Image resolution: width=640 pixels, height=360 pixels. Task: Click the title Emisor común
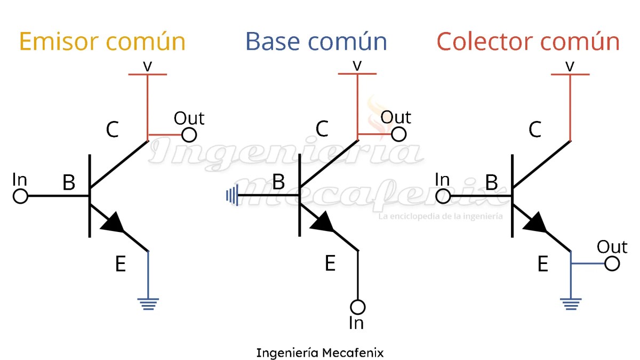point(102,42)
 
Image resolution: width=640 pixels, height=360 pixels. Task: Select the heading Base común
point(316,42)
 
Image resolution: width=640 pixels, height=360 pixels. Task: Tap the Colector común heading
point(527,42)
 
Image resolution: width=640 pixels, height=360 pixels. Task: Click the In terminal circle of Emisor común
point(20,196)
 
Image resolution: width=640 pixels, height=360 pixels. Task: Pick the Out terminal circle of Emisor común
point(189,134)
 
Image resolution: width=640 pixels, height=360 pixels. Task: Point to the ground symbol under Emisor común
point(148,305)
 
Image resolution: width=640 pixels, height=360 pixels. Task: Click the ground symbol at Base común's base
point(231,196)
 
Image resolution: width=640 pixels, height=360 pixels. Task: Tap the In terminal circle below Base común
point(358,307)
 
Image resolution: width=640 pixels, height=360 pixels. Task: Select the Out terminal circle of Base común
point(399,133)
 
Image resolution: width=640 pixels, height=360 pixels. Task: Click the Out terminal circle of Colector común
point(612,263)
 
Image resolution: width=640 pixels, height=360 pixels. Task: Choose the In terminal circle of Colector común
point(443,196)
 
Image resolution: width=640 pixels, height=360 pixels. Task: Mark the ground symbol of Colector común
point(571,305)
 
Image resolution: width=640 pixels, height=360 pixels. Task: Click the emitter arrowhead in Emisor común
point(114,223)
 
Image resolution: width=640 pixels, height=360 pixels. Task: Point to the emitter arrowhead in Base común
point(324,223)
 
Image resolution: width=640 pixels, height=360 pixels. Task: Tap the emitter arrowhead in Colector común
point(536,223)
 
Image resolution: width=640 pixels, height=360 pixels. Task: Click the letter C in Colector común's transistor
point(535,129)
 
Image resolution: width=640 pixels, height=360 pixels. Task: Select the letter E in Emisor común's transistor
point(121,264)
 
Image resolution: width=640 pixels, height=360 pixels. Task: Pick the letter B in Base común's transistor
point(278,182)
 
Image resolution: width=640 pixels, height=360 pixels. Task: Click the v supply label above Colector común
point(570,66)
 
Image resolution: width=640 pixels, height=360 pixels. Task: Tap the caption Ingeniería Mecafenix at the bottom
point(319,353)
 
